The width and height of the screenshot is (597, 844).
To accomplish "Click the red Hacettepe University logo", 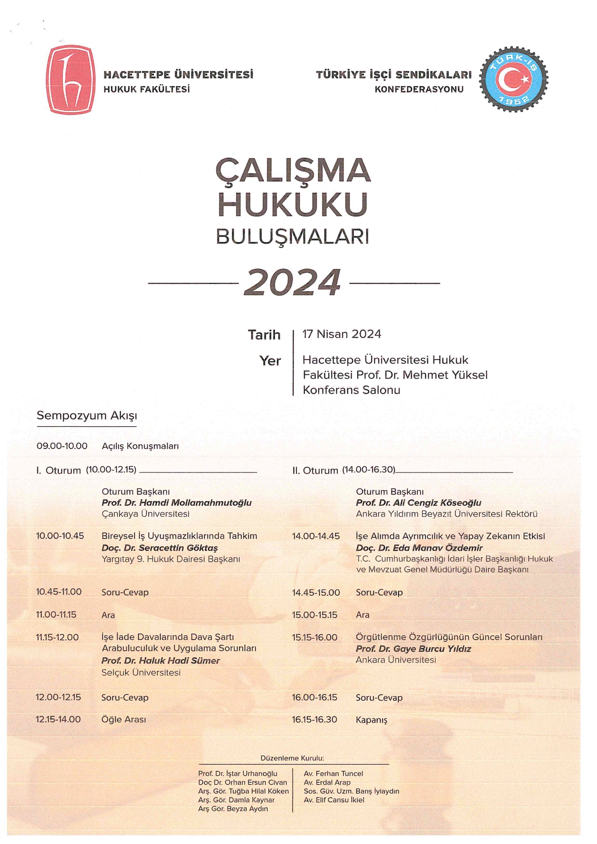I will coord(70,79).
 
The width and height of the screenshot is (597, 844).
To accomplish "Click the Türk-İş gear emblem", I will coord(513,79).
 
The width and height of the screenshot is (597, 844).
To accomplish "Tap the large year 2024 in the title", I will coord(293,282).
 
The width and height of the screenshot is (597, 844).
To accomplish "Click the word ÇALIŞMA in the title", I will coord(293,170).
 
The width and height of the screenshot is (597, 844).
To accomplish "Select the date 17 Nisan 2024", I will coord(341,334).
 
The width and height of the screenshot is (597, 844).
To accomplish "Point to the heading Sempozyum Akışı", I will coord(87,416).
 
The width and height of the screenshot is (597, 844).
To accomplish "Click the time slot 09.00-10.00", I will coord(62,446).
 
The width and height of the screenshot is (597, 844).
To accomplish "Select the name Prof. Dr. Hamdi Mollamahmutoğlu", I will coord(176,503).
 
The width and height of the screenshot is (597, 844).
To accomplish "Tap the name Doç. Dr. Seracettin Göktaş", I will coord(159,548).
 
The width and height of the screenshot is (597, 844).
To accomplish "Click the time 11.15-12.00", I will coord(57,637).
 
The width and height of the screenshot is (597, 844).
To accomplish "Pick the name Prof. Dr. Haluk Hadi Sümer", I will coord(160,661).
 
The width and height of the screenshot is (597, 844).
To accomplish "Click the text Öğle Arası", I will coord(124,719).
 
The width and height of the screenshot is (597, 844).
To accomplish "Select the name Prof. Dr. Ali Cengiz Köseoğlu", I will coord(418,503).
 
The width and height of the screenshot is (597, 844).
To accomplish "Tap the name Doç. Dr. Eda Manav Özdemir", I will coord(419,548).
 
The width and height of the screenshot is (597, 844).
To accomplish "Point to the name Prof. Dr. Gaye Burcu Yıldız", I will coord(413,649).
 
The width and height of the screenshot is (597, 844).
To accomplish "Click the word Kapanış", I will coord(371,720).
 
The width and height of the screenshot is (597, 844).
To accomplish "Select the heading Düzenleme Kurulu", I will coord(292,758).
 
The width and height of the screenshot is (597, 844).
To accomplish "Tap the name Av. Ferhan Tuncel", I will coord(333,774).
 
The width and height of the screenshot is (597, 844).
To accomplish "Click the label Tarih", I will coord(264,335).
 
